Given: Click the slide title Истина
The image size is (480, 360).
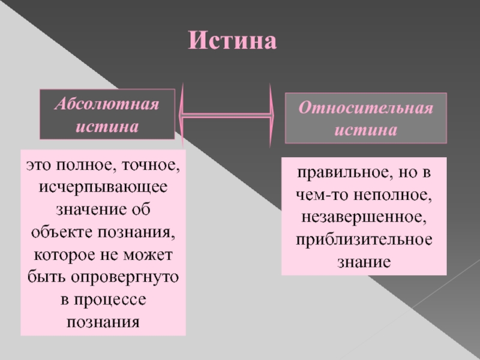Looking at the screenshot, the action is pyautogui.click(x=232, y=41).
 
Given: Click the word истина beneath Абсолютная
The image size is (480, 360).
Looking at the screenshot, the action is pyautogui.click(x=107, y=127).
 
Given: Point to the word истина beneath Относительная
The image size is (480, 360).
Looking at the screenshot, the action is pyautogui.click(x=365, y=130).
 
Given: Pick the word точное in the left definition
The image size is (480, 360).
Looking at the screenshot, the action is pyautogui.click(x=152, y=164).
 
